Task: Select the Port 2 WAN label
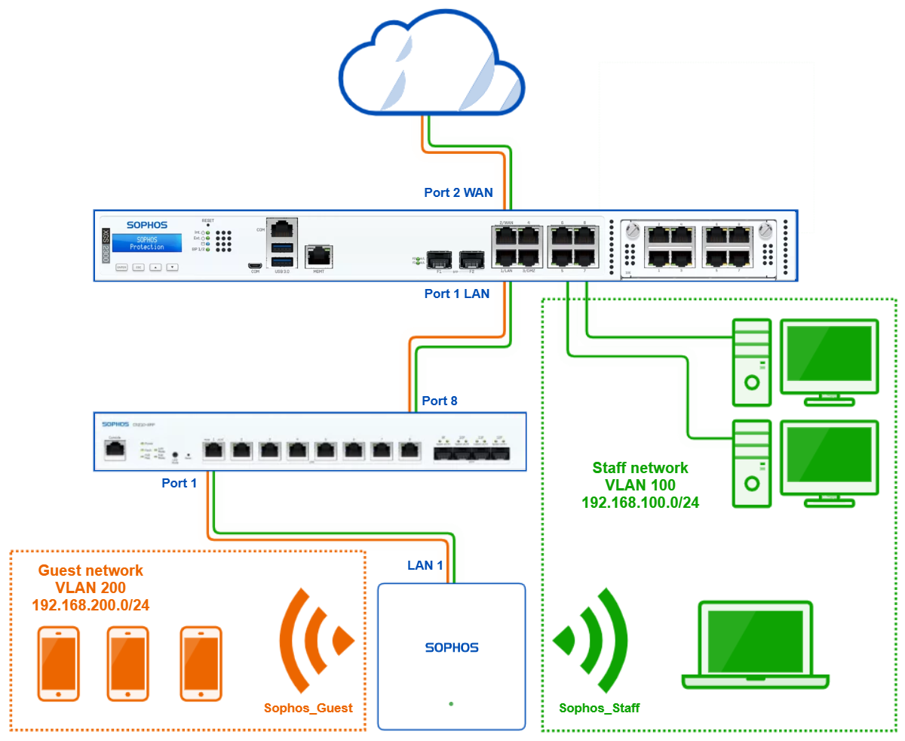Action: coord(458,192)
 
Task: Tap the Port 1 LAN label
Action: coord(457,294)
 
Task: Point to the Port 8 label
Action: coord(440,401)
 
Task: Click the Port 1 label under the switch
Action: coord(179,483)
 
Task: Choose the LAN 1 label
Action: coord(425,564)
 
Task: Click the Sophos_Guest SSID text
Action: coord(308,709)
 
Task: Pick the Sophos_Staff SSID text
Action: coord(600,709)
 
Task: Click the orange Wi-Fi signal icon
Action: coord(315,641)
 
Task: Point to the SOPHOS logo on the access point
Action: coord(452,647)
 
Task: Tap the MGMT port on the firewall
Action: coord(318,255)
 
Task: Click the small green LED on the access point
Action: coord(451,704)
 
